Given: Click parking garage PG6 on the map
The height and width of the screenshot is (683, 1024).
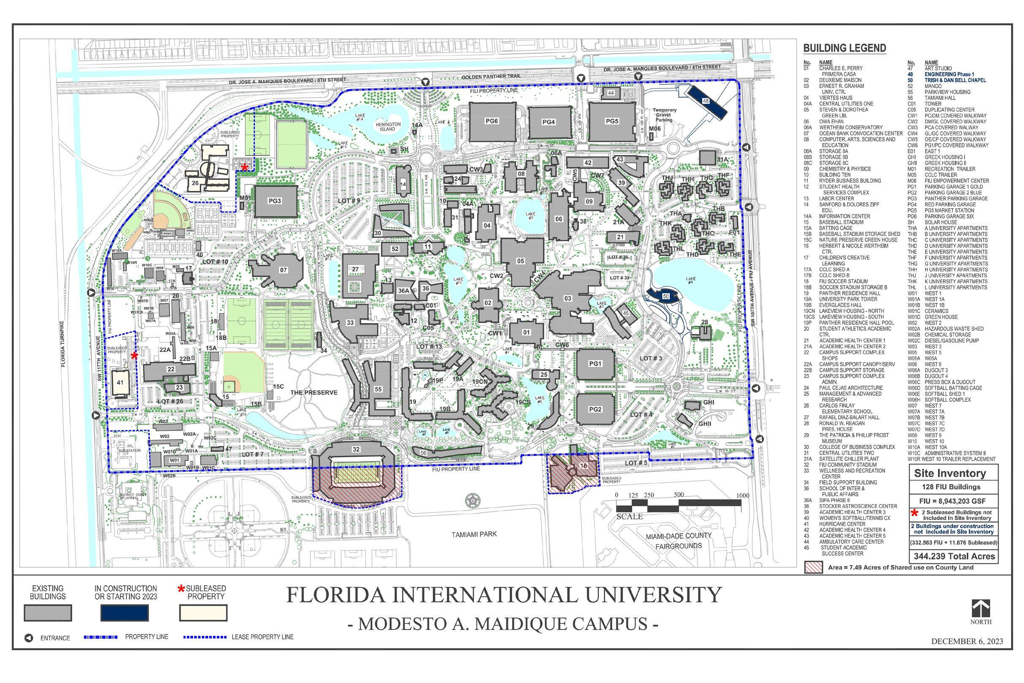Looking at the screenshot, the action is point(492,122).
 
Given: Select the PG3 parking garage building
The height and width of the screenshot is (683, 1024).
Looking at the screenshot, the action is point(275,201).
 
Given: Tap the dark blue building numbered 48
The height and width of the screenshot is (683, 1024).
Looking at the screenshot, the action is point(706,101).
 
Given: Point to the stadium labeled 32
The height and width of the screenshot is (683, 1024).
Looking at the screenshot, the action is point(356,449).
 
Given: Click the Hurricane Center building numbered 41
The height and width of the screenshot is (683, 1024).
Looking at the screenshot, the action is point(120,383).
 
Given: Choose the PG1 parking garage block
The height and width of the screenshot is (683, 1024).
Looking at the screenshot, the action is point(595,364).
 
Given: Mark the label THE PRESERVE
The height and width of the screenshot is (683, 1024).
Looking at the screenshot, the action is point(314,392).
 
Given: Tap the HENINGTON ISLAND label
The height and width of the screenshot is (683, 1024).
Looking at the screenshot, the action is point(388,127).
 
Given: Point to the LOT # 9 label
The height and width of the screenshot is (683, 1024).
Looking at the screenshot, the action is point(350,201).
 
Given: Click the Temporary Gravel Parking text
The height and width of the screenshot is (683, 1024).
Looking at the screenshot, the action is point(664,115).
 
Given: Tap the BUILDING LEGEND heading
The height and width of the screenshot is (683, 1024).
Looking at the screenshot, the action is point(844,48).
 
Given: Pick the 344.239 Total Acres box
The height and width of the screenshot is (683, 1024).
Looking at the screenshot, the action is point(954,556).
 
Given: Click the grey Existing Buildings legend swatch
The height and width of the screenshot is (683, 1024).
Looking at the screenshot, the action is point(48,613).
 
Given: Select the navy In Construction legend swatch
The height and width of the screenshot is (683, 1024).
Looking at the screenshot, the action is point(125,613).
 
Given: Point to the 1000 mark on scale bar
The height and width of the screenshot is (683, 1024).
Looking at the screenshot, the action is point(743,496).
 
